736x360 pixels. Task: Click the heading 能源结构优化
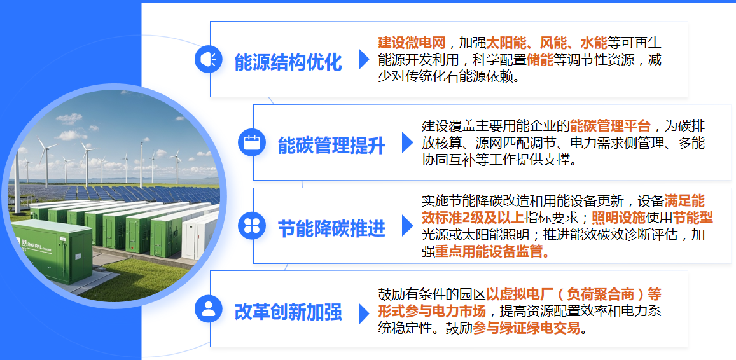[288, 62]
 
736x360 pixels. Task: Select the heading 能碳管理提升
[331, 145]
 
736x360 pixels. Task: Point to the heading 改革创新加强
[288, 312]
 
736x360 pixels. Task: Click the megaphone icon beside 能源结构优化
[208, 59]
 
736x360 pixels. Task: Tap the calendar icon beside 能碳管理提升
[251, 142]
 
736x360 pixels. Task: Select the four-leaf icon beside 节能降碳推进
[251, 225]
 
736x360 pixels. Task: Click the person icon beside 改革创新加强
[208, 308]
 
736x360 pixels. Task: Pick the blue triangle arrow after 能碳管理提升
[407, 142]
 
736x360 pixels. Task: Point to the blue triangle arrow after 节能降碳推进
[407, 225]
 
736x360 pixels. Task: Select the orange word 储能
[539, 60]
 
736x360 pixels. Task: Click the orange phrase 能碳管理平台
[611, 125]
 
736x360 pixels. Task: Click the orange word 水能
[594, 43]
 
